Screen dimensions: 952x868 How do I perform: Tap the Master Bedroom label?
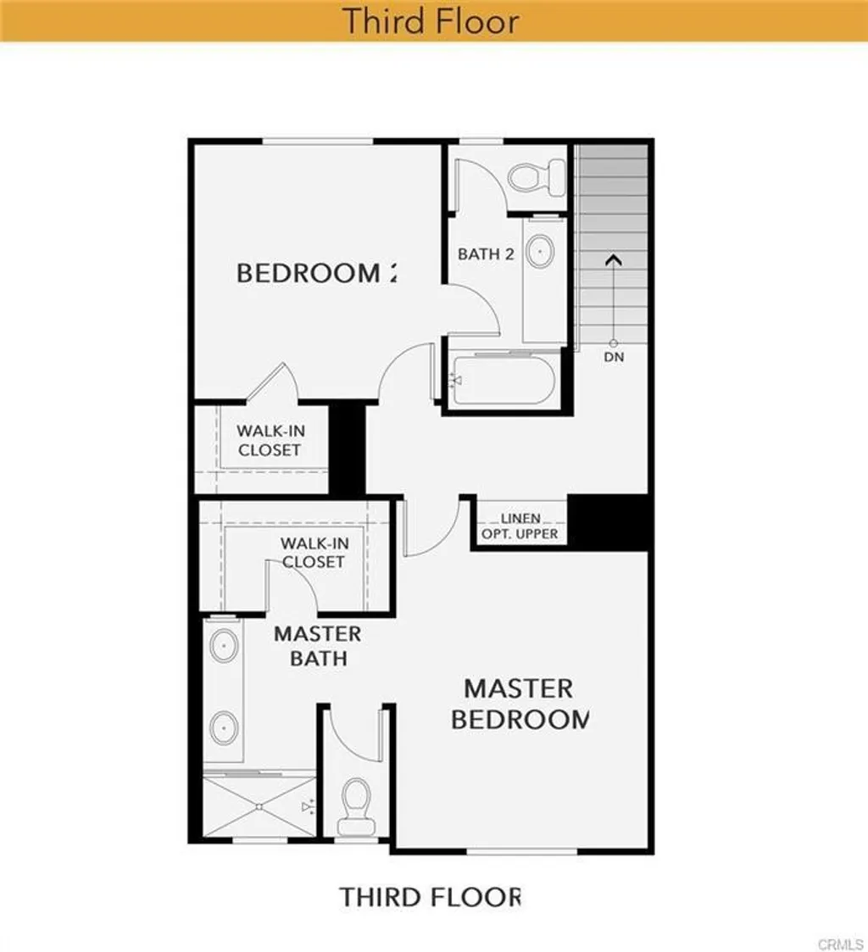click(x=519, y=704)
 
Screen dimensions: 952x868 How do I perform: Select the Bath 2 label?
click(x=486, y=253)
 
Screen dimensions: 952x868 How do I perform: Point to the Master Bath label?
click(x=317, y=646)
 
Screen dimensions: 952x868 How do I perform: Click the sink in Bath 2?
click(x=541, y=251)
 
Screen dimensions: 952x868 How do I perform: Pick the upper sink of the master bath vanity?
click(x=224, y=646)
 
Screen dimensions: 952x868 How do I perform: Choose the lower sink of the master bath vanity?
click(x=224, y=727)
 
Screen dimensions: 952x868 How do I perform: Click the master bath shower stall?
click(x=259, y=805)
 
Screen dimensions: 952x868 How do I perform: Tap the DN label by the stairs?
click(x=614, y=357)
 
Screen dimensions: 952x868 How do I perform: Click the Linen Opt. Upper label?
click(x=520, y=526)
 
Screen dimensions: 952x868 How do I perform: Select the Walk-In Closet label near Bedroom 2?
click(x=270, y=441)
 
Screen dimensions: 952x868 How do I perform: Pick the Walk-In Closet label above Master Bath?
click(x=314, y=553)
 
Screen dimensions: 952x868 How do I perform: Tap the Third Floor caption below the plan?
click(x=431, y=897)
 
